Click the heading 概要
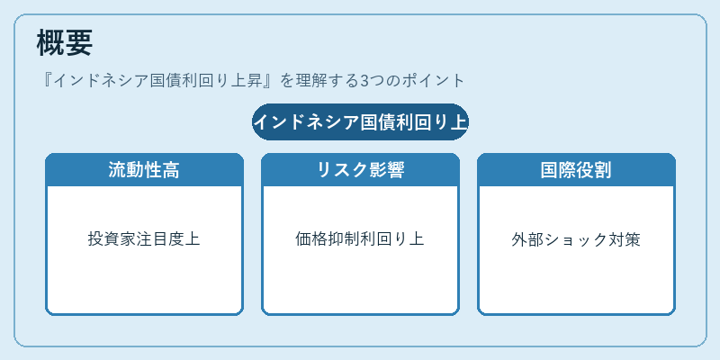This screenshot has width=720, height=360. (64, 42)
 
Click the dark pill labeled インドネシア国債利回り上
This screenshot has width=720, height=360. (360, 122)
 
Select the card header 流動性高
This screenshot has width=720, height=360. (144, 170)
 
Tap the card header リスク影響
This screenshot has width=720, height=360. (360, 170)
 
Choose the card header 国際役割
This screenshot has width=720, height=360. (576, 170)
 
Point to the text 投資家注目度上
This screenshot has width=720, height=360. (144, 239)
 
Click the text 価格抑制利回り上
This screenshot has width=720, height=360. (360, 239)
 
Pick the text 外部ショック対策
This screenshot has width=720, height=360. (576, 239)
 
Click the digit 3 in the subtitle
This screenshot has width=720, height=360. (364, 81)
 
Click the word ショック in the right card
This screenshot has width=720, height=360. (576, 239)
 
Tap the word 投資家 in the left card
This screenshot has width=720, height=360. (112, 239)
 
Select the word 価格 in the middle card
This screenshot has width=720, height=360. (311, 239)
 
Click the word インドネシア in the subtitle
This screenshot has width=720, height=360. (102, 81)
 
